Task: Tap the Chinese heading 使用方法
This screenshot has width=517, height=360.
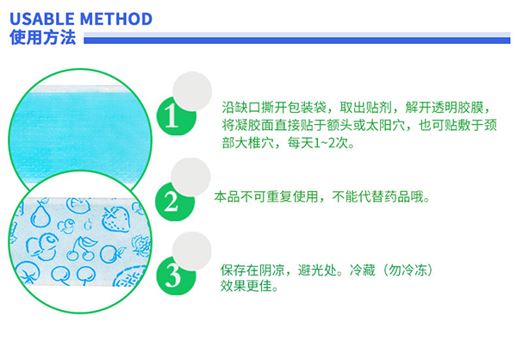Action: pyautogui.click(x=42, y=38)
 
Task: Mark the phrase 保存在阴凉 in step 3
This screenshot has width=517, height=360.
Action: pyautogui.click(x=251, y=270)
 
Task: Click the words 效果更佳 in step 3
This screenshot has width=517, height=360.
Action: pyautogui.click(x=249, y=287)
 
